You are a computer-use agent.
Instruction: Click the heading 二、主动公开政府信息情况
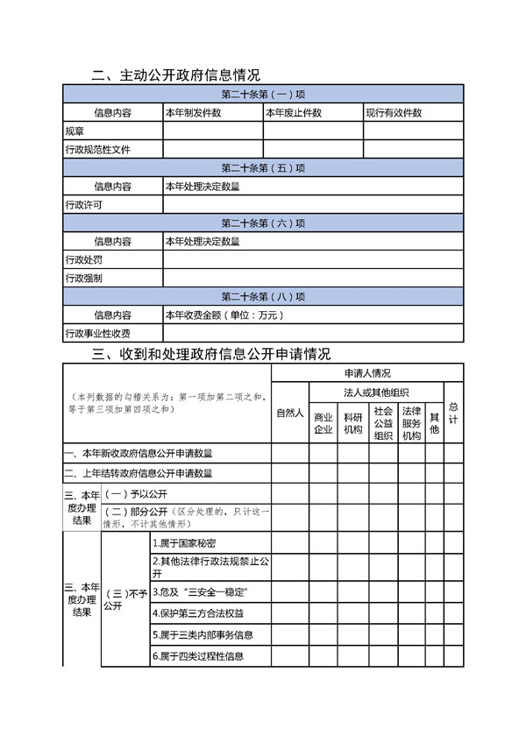coord(175,75)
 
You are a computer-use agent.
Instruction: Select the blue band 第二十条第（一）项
coord(263,95)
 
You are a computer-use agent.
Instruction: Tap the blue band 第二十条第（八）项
coord(263,296)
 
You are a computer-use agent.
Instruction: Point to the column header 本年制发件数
coord(193,113)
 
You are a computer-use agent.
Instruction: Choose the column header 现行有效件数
coord(394,113)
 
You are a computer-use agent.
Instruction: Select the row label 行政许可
coord(84,205)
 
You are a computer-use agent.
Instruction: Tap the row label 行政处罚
coord(84,260)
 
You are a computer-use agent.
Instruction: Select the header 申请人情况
coord(367,373)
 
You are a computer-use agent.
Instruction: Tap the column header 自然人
coord(290,413)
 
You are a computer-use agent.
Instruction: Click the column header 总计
coord(453,413)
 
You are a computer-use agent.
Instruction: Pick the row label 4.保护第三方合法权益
coord(195,613)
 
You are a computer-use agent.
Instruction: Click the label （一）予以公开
coord(130,493)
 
